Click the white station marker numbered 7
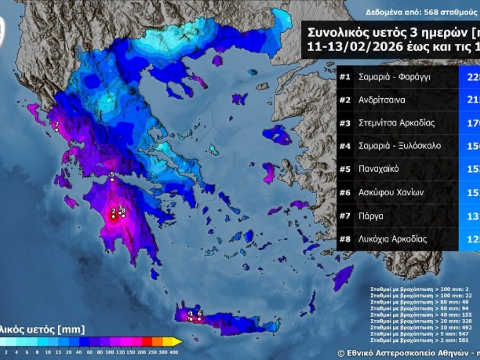57,130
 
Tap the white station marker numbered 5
112,180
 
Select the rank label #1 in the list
345,77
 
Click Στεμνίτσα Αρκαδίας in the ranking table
397,123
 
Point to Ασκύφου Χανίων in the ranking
391,193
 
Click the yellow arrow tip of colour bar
179,341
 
